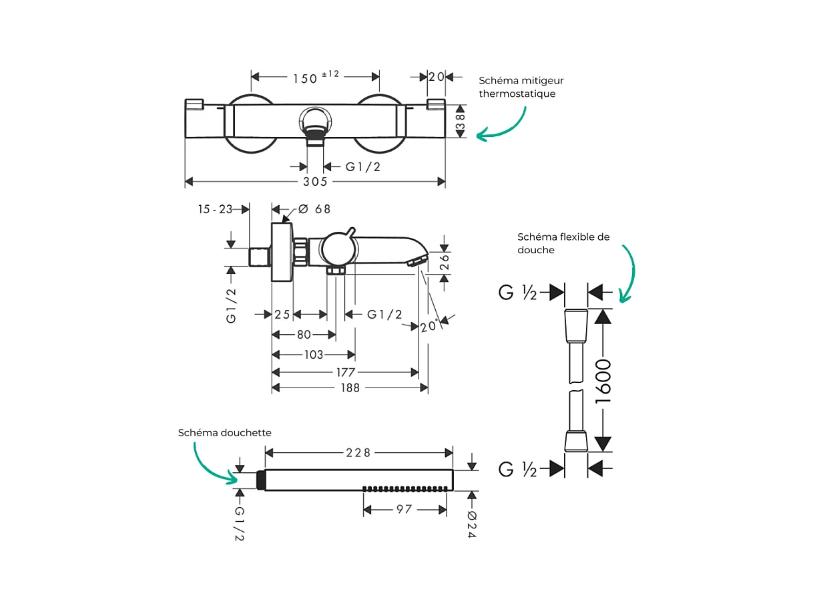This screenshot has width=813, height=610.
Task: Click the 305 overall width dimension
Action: tap(315, 182)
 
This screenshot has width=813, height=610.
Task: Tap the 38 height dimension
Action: tap(460, 121)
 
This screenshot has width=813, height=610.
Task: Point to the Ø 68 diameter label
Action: tap(314, 209)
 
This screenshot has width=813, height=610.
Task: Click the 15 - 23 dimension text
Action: tap(215, 209)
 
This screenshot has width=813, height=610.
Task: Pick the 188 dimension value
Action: tap(349, 388)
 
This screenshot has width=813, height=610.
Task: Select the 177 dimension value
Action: tap(346, 372)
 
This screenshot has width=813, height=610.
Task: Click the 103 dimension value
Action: tap(313, 355)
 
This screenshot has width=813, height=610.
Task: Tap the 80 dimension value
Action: tap(304, 335)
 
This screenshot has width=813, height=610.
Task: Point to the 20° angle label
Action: tap(429, 326)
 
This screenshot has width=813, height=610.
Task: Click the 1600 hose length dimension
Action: tap(603, 382)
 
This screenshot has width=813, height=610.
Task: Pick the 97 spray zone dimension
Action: tap(404, 509)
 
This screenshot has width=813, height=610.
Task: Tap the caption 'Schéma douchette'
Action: tap(225, 433)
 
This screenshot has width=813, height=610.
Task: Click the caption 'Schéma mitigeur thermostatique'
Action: tap(521, 87)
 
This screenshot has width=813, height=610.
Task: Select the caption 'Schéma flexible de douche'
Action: tap(563, 243)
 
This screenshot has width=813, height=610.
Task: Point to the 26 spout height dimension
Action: tap(445, 262)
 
